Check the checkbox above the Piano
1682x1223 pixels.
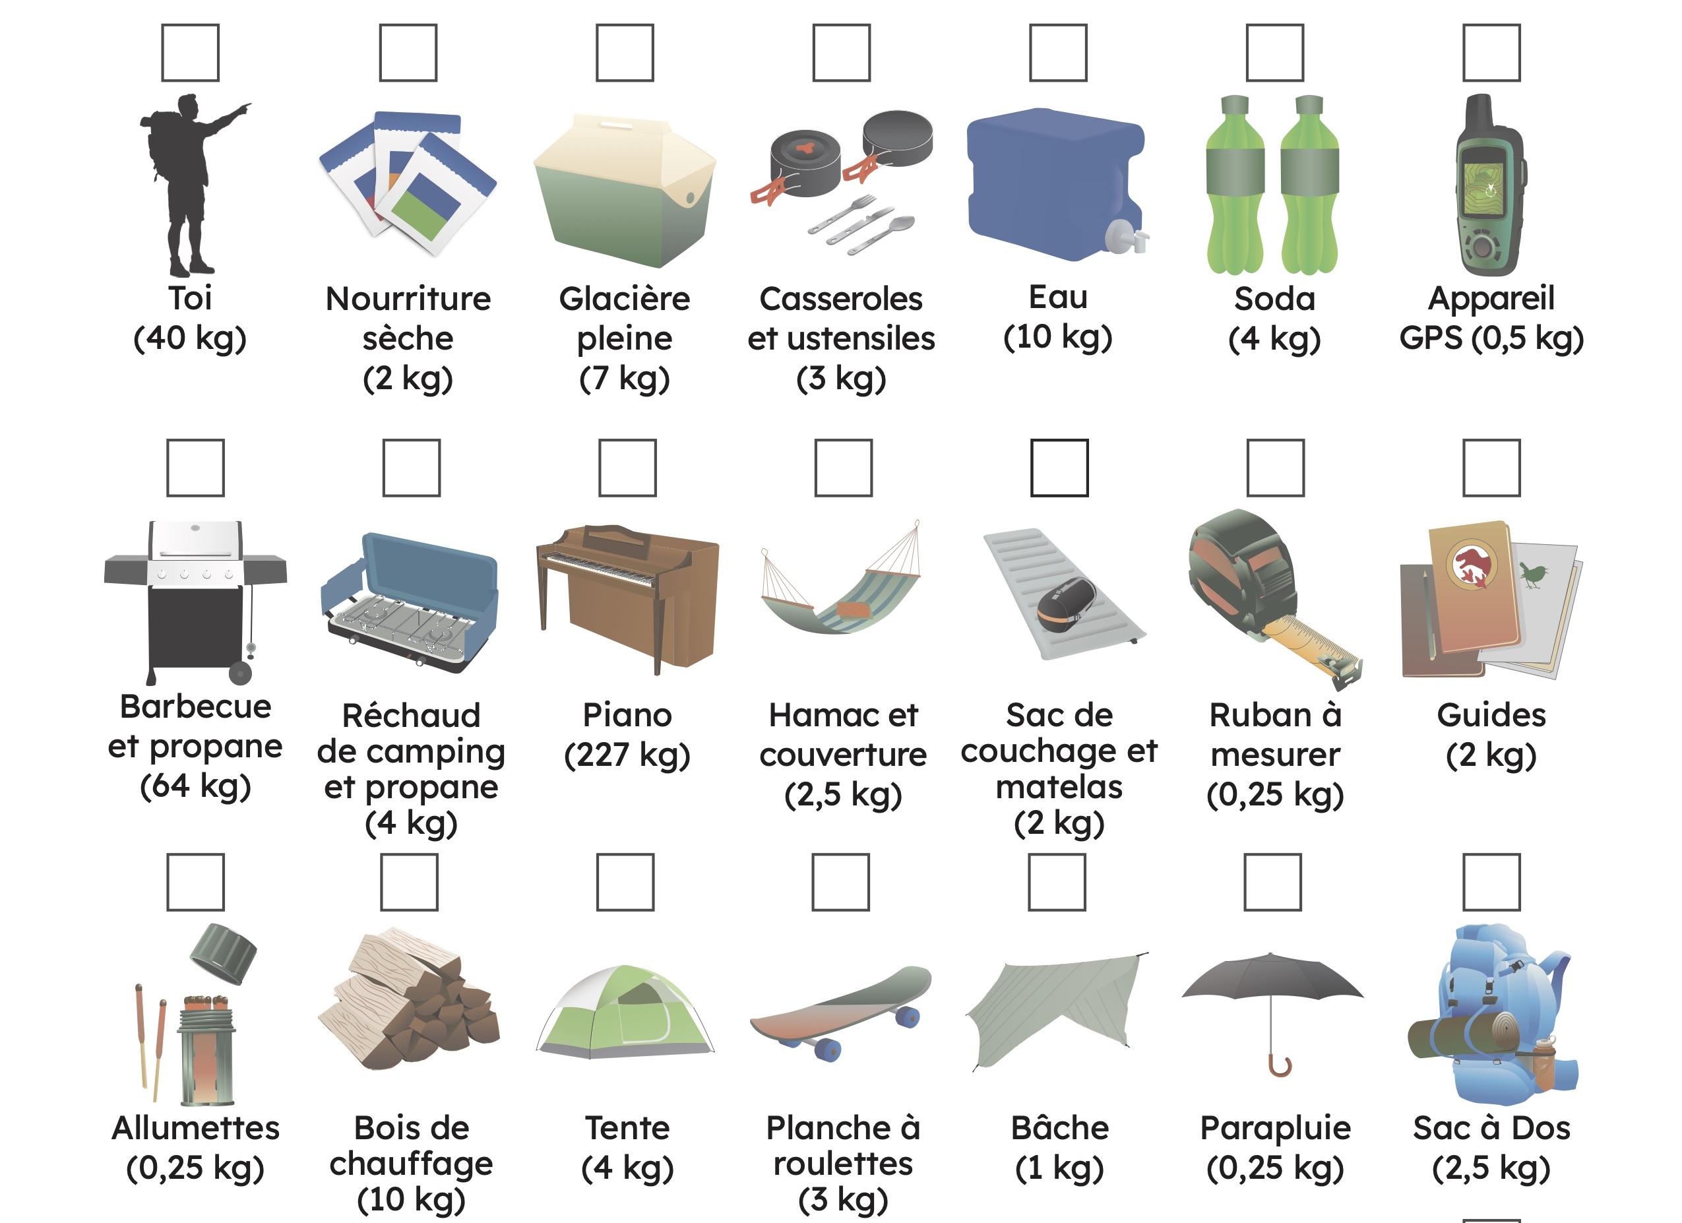pos(627,467)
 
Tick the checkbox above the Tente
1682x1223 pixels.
pos(625,882)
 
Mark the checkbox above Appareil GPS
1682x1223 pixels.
pos(1491,53)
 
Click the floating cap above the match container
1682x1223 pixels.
pos(223,954)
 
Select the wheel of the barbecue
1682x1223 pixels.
pos(240,674)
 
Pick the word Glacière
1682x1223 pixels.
pos(625,299)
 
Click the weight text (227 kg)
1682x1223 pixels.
pos(627,756)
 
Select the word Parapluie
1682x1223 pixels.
pos(1276,1129)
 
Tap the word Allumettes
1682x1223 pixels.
pos(196,1128)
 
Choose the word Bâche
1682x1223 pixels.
pos(1060,1127)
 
